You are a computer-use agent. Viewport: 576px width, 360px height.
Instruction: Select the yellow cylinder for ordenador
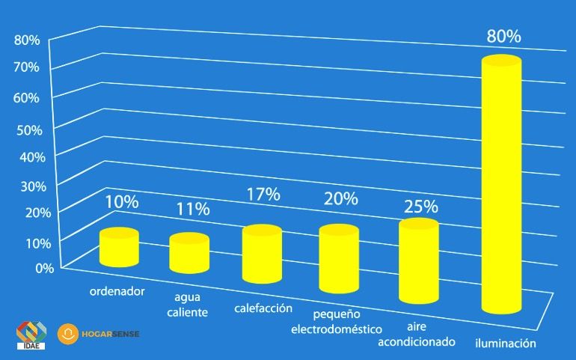pyautogui.click(x=120, y=247)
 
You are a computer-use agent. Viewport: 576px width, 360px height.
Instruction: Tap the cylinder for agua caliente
pyautogui.click(x=189, y=253)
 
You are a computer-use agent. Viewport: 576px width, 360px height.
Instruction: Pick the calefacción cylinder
pyautogui.click(x=261, y=254)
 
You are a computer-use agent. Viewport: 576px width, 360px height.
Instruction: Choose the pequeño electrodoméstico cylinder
pyautogui.click(x=339, y=259)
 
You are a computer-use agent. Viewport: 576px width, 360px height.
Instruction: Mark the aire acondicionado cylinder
pyautogui.click(x=417, y=262)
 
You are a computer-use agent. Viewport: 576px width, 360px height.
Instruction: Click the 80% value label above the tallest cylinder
pyautogui.click(x=503, y=37)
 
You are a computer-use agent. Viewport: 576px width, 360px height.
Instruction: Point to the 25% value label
pyautogui.click(x=420, y=207)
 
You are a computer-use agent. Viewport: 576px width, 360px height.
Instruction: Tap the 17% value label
pyautogui.click(x=263, y=195)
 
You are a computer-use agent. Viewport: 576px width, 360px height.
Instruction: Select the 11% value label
pyautogui.click(x=192, y=209)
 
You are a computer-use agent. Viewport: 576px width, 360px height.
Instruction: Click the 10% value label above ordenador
pyautogui.click(x=121, y=201)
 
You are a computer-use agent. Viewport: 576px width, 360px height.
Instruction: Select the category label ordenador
pyautogui.click(x=117, y=291)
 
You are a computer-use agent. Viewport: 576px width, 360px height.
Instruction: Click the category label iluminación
pyautogui.click(x=506, y=344)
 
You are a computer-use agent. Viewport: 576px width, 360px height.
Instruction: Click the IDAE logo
pyautogui.click(x=31, y=335)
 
